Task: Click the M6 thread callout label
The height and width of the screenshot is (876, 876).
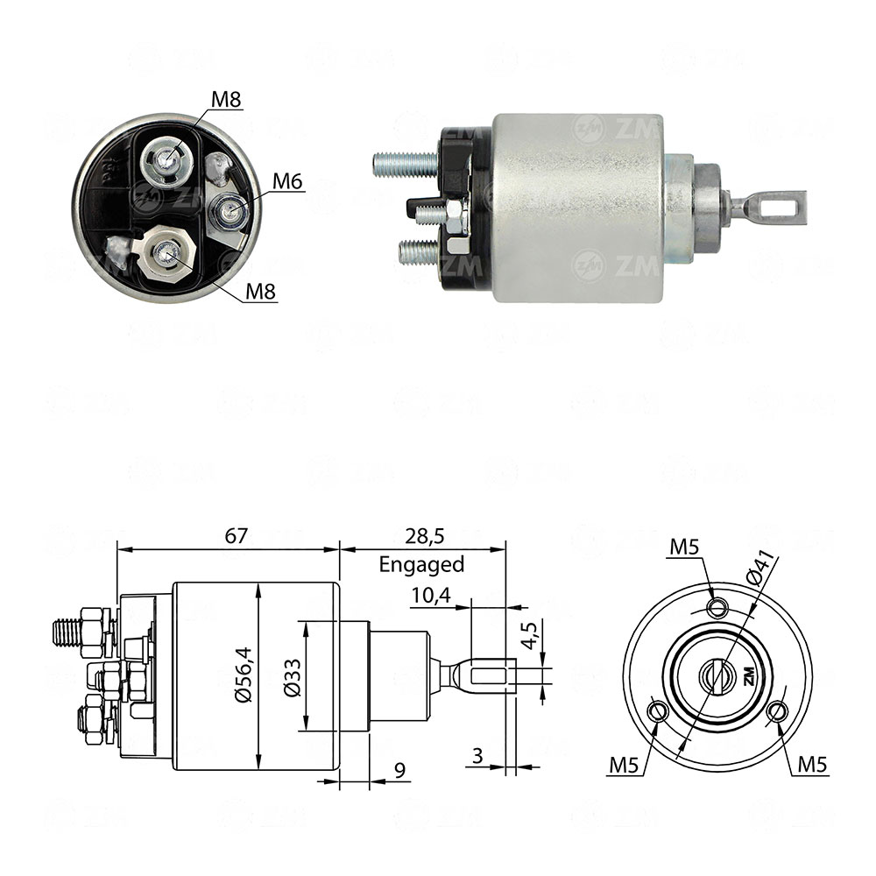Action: [x=286, y=181]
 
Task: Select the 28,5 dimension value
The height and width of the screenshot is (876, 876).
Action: [x=422, y=536]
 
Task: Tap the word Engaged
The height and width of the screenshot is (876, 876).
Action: [x=421, y=565]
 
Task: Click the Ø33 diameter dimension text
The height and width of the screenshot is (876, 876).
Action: [x=292, y=677]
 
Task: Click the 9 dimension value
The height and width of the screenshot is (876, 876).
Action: [x=399, y=771]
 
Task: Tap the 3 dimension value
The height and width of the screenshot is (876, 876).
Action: [x=477, y=755]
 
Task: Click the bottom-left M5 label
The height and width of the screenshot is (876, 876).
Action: [x=625, y=766]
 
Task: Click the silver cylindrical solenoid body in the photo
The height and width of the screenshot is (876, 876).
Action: [x=576, y=208]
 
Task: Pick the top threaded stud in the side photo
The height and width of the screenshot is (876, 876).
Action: [x=405, y=162]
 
